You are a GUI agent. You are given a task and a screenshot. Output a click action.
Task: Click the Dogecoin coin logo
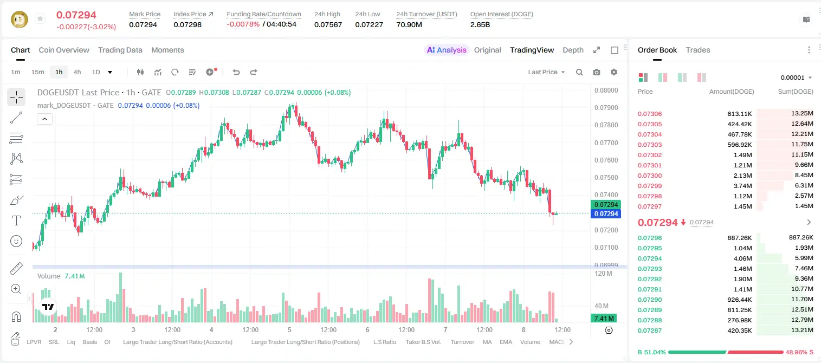[x=20, y=20]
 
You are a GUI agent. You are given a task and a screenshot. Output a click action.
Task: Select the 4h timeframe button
[x=77, y=72]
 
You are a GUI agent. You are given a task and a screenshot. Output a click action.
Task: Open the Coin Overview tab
[x=64, y=50]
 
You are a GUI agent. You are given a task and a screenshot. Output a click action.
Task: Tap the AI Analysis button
[x=447, y=50]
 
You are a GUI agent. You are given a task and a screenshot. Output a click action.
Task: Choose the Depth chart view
[x=573, y=50]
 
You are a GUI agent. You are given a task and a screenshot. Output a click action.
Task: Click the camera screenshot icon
[x=597, y=72]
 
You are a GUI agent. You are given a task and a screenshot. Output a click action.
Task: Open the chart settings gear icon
[x=614, y=72]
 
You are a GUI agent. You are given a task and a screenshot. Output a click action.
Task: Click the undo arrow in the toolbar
[x=236, y=72]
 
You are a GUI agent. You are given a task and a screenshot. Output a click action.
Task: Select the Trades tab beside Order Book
[x=698, y=50]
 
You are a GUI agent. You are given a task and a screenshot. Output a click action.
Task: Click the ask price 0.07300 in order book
[x=649, y=176]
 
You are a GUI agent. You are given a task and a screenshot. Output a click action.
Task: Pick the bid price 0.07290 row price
[x=649, y=300]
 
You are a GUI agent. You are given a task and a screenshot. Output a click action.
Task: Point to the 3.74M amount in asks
[x=742, y=186]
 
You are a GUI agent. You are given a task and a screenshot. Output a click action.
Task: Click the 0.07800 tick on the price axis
[x=606, y=125]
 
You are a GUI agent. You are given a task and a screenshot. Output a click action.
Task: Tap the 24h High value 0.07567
[x=328, y=24]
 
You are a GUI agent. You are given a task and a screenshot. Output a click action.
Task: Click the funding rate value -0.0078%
[x=243, y=24]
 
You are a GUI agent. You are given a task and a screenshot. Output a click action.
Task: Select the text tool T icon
[x=16, y=221]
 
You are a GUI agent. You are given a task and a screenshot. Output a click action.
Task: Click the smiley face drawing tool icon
[x=16, y=241]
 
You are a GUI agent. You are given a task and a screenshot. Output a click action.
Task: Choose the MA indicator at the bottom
[x=487, y=342]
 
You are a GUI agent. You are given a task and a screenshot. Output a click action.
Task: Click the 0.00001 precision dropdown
[x=796, y=77]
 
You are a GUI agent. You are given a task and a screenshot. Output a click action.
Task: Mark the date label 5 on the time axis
[x=289, y=329]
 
